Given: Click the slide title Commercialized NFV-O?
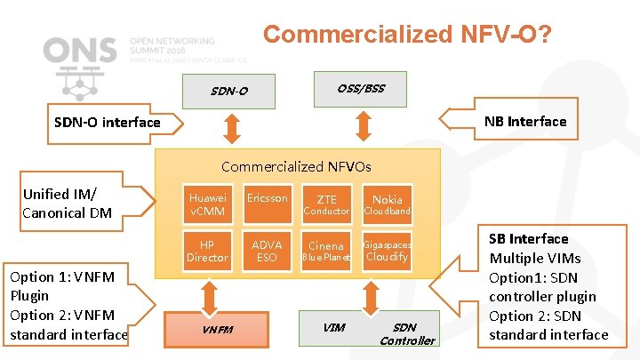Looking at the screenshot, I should pyautogui.click(x=406, y=35).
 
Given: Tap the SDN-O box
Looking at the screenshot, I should pyautogui.click(x=229, y=91).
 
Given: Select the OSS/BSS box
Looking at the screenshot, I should pyautogui.click(x=360, y=88).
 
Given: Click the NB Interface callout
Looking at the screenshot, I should pyautogui.click(x=524, y=122).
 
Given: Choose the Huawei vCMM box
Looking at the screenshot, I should pyautogui.click(x=207, y=204).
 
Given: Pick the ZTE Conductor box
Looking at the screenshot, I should pyautogui.click(x=326, y=204).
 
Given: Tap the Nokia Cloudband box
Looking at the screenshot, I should pyautogui.click(x=387, y=204).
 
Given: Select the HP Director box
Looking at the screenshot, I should pyautogui.click(x=207, y=251).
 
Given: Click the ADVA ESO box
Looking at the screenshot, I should pyautogui.click(x=267, y=251).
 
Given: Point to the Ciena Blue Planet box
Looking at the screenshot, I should pyautogui.click(x=326, y=251).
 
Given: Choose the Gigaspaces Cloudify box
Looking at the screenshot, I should pyautogui.click(x=387, y=251).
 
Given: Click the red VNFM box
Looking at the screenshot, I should pyautogui.click(x=217, y=330).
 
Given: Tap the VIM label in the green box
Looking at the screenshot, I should pyautogui.click(x=334, y=327).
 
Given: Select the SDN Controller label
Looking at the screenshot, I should pyautogui.click(x=406, y=333).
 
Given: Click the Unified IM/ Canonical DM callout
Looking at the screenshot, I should pyautogui.click(x=68, y=203).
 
